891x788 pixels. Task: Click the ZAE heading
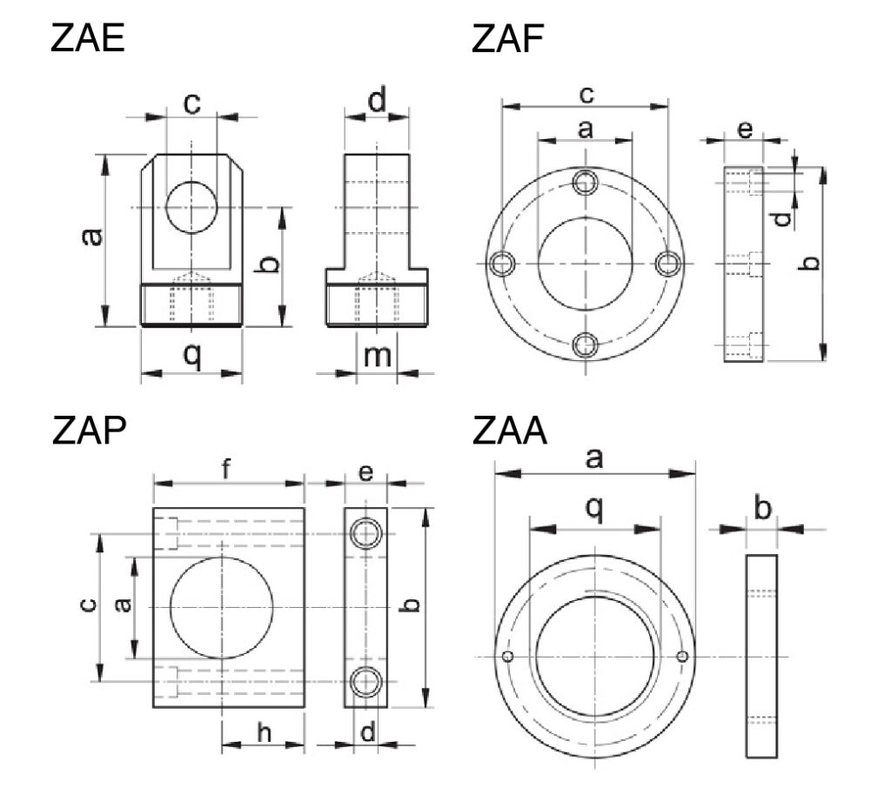(x=87, y=39)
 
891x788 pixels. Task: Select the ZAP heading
(x=87, y=432)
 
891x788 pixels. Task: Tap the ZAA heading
(x=509, y=432)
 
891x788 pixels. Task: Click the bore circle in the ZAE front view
(x=191, y=207)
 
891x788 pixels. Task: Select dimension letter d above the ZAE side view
(x=377, y=103)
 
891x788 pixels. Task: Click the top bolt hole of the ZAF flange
(x=586, y=182)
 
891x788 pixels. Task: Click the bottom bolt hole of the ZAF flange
(x=586, y=345)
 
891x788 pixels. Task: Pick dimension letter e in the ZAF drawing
(x=745, y=130)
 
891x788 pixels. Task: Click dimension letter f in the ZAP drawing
(x=226, y=470)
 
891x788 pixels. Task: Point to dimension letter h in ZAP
(x=264, y=732)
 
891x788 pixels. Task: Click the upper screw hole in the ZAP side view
(x=366, y=532)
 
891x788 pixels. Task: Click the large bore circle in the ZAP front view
(x=222, y=606)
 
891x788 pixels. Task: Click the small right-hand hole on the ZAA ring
(x=683, y=656)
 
